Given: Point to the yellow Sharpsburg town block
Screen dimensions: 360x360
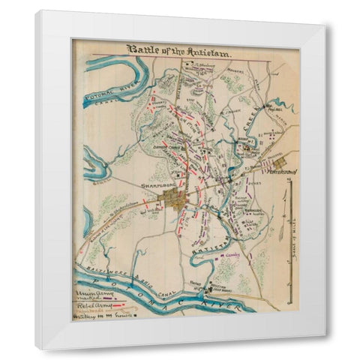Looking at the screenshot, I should point(176,200).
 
